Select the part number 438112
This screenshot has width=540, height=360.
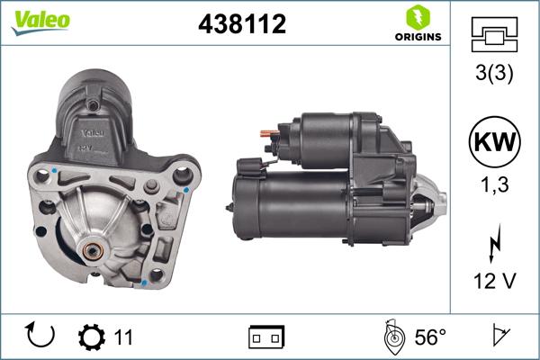pyautogui.click(x=241, y=24)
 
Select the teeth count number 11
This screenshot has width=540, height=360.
pyautogui.click(x=123, y=337)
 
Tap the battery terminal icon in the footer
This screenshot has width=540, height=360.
pyautogui.click(x=265, y=337)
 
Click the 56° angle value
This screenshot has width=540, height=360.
pyautogui.click(x=430, y=337)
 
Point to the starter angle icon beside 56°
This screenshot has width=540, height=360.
pyautogui.click(x=391, y=337)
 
